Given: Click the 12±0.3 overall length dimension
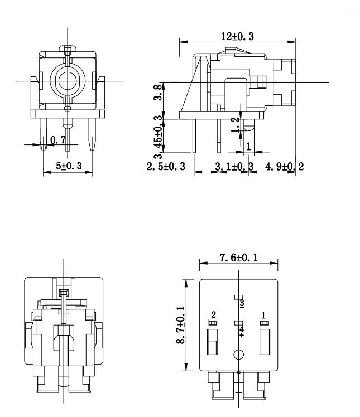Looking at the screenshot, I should coord(237,36).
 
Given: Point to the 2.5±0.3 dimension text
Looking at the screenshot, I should coord(166,167).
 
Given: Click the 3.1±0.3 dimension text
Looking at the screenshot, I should coord(234,167).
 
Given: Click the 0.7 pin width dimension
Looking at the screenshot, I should coord(57,140).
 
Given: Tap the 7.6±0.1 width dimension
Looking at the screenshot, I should coord(238,258).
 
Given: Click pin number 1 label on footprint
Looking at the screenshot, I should coord(263,316).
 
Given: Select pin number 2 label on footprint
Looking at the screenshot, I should coord(213,316).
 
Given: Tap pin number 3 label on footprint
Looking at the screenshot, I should coord(242,304).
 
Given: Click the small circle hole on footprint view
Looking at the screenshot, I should coord(239,354).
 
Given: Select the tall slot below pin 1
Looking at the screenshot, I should coord(265,341).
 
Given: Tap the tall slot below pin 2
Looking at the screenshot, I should coord(212,341).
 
